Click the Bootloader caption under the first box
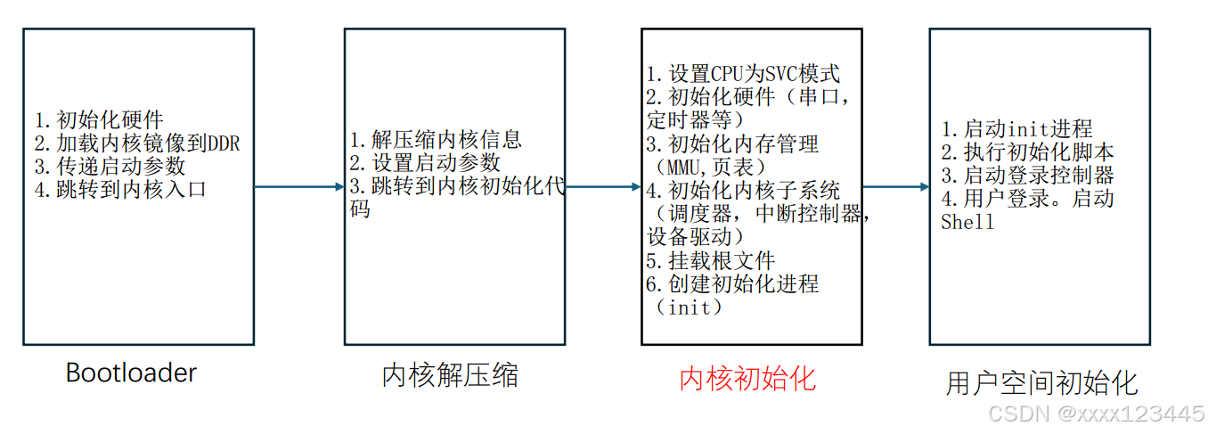click(131, 373)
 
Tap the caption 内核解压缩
click(450, 375)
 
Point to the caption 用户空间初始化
click(1041, 383)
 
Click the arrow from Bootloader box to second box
click(299, 187)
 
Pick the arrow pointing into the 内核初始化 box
click(603, 187)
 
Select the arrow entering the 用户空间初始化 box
click(895, 187)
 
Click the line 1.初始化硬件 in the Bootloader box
click(99, 120)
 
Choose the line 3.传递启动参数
click(110, 166)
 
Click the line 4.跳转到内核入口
click(120, 189)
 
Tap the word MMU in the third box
click(679, 167)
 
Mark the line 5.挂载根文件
click(710, 260)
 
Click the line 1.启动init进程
click(1016, 128)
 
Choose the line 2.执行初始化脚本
click(1027, 151)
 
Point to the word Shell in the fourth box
click(967, 222)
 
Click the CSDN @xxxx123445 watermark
click(1097, 414)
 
